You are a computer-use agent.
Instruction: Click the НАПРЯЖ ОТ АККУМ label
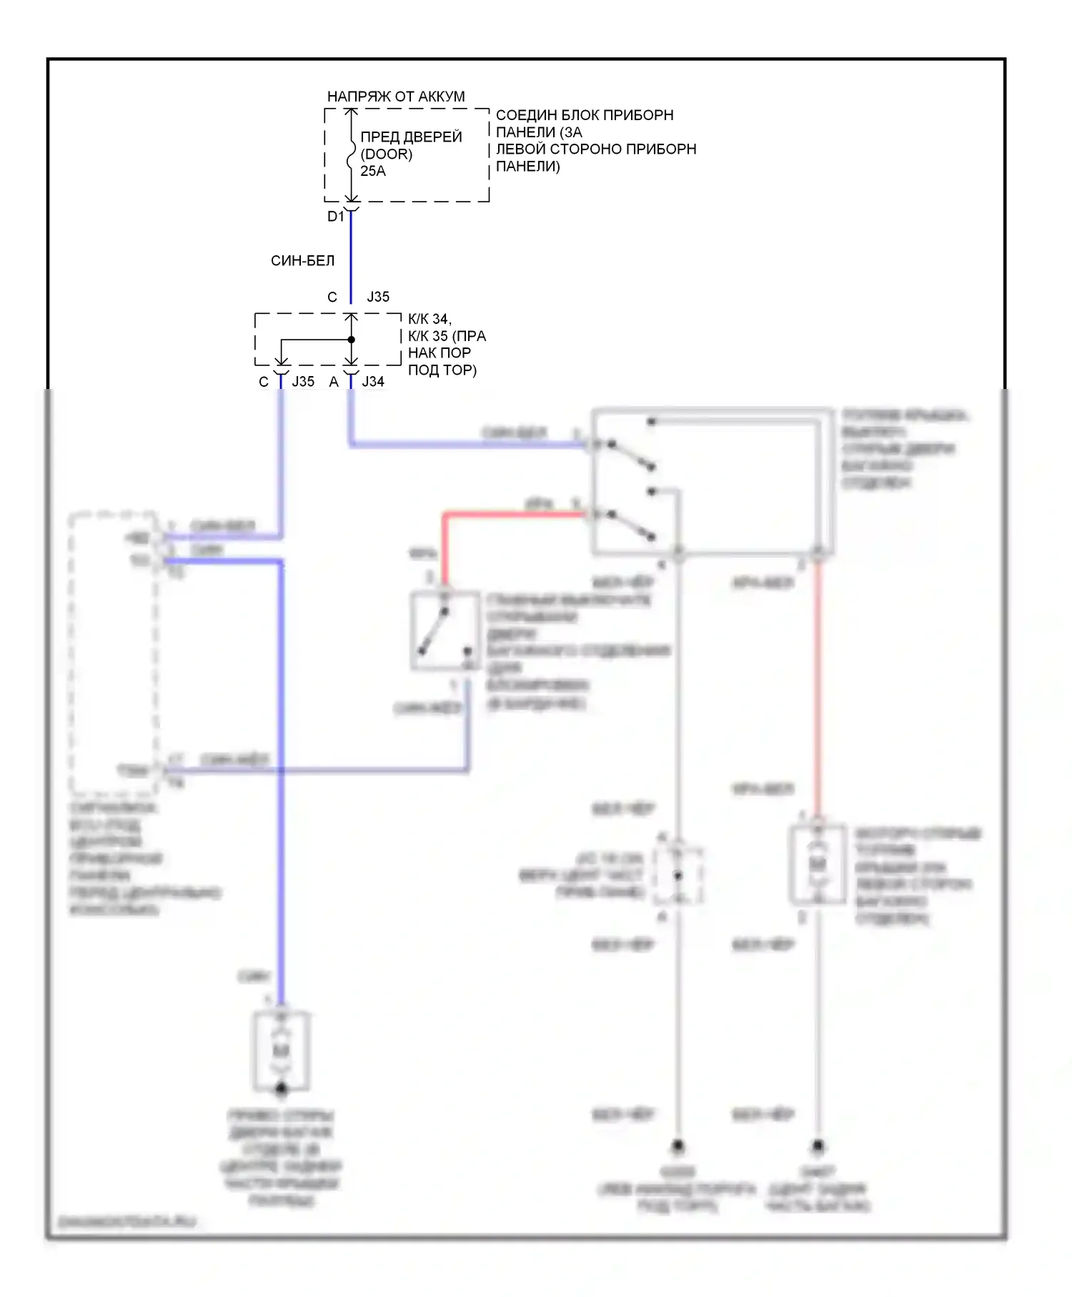(395, 96)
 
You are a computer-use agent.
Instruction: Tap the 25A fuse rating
(373, 171)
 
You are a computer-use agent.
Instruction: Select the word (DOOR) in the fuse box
(387, 154)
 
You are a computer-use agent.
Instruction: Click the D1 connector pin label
(335, 216)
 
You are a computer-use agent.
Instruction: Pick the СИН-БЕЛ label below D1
(302, 261)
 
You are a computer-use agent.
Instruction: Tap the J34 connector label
(373, 382)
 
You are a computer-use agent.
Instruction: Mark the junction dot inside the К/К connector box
(351, 340)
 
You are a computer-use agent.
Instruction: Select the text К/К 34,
(430, 319)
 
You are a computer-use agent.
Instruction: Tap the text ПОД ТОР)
(442, 370)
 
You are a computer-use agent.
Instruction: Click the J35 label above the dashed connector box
(378, 297)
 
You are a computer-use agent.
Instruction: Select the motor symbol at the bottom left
(282, 1050)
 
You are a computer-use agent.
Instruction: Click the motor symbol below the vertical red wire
(818, 864)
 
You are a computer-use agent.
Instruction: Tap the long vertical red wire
(818, 686)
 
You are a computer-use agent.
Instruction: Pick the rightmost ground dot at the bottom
(818, 1146)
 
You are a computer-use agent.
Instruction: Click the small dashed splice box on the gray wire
(678, 875)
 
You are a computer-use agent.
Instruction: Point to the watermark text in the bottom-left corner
(126, 1222)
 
